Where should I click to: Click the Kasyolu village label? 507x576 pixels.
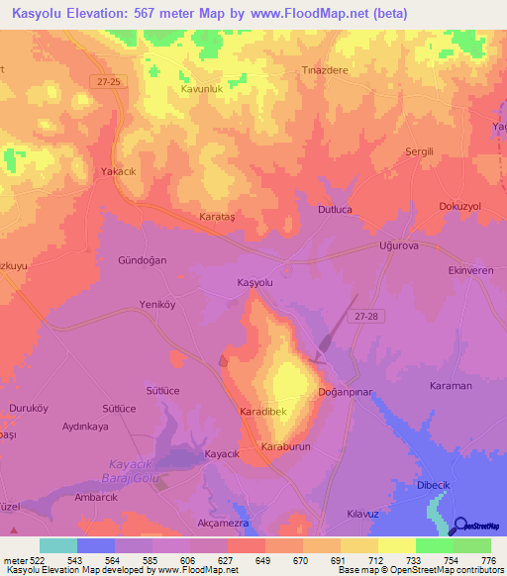pos(254,283)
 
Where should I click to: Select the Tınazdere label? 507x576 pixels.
pos(321,71)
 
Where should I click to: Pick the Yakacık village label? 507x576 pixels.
pos(118,171)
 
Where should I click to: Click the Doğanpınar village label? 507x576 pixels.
pos(344,393)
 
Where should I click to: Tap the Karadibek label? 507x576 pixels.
pos(262,410)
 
